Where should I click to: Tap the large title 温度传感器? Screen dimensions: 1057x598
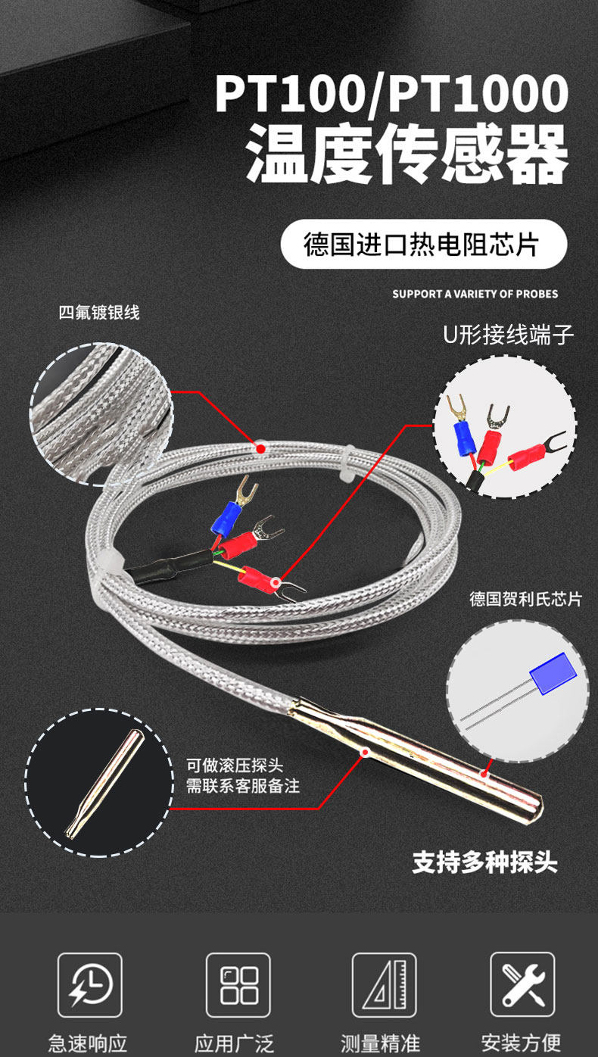click(x=406, y=155)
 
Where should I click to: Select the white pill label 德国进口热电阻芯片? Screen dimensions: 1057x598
click(x=423, y=245)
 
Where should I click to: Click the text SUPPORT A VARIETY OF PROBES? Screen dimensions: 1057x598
click(x=475, y=294)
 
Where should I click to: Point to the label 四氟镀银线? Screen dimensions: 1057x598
click(x=99, y=312)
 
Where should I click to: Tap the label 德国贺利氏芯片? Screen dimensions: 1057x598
click(x=525, y=599)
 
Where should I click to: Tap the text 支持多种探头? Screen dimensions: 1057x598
click(x=484, y=862)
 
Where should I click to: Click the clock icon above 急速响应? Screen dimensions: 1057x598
click(x=90, y=984)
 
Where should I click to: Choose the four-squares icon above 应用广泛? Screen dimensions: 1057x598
click(x=238, y=984)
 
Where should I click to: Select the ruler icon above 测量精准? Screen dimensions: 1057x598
click(x=384, y=984)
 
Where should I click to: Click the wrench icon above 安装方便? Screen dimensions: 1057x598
click(x=522, y=984)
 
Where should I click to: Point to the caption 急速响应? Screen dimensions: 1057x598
click(x=89, y=1043)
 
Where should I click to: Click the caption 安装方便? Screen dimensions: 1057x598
click(x=522, y=1043)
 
